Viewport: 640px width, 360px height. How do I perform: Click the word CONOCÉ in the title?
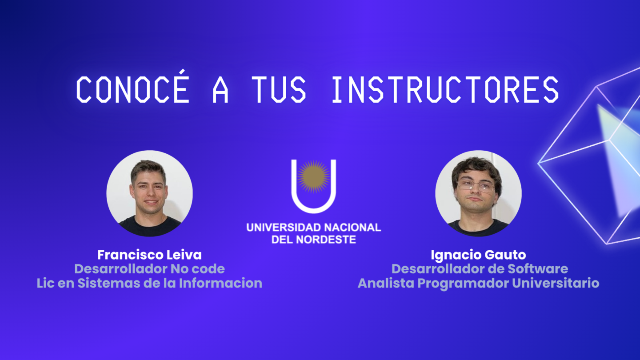tap(132, 87)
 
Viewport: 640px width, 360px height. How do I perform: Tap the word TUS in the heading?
tap(279, 90)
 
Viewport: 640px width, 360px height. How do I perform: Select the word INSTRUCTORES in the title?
tap(445, 90)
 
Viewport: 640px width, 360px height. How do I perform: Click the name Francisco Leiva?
tap(149, 255)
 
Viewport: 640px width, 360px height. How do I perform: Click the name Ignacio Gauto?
tap(478, 255)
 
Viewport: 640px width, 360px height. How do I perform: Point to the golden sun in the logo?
tap(313, 176)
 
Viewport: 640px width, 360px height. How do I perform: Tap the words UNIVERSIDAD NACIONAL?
tap(313, 228)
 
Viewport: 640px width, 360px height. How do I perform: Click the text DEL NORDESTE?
tap(313, 240)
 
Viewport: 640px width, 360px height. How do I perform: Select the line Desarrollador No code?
tap(149, 269)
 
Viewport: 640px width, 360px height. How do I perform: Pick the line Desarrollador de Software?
tap(480, 269)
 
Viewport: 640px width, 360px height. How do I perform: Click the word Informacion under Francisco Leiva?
tap(220, 283)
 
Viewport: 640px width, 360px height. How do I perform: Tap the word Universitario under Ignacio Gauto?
tap(556, 283)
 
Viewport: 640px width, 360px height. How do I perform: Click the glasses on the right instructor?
tap(476, 186)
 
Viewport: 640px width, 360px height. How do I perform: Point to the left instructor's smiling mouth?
tap(151, 202)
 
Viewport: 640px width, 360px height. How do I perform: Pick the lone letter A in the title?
tap(220, 90)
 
